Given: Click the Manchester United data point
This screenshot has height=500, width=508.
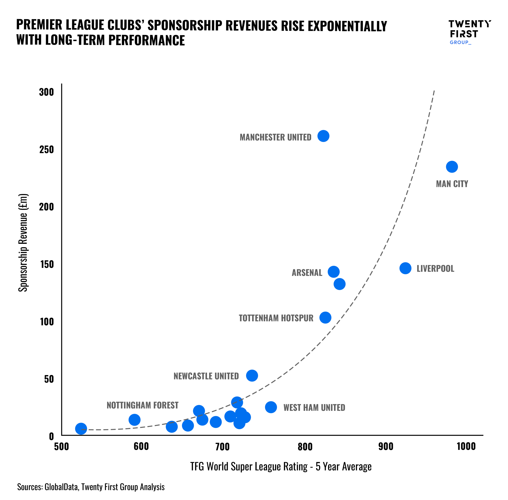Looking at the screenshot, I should point(323,136).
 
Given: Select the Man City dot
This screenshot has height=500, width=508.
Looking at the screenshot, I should point(452,167).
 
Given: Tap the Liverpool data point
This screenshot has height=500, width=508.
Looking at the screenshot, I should point(405,268).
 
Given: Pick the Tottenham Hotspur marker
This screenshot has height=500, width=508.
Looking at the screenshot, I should point(325,317).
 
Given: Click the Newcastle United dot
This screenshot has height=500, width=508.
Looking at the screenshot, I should point(252,375).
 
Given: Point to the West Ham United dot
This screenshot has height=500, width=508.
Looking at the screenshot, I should point(271,407).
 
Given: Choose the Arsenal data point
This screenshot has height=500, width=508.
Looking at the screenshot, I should point(333,272).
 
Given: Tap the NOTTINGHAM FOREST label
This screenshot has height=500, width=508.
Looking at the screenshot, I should point(142,405).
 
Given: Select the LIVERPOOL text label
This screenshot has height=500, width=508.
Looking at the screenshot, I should point(435,269).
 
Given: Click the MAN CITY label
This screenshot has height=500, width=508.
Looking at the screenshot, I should point(452,184).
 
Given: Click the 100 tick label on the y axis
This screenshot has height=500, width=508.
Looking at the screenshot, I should point(47,322).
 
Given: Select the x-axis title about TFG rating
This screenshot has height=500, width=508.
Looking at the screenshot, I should point(281,467).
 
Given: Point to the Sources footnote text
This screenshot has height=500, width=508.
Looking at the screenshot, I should point(91,487).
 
